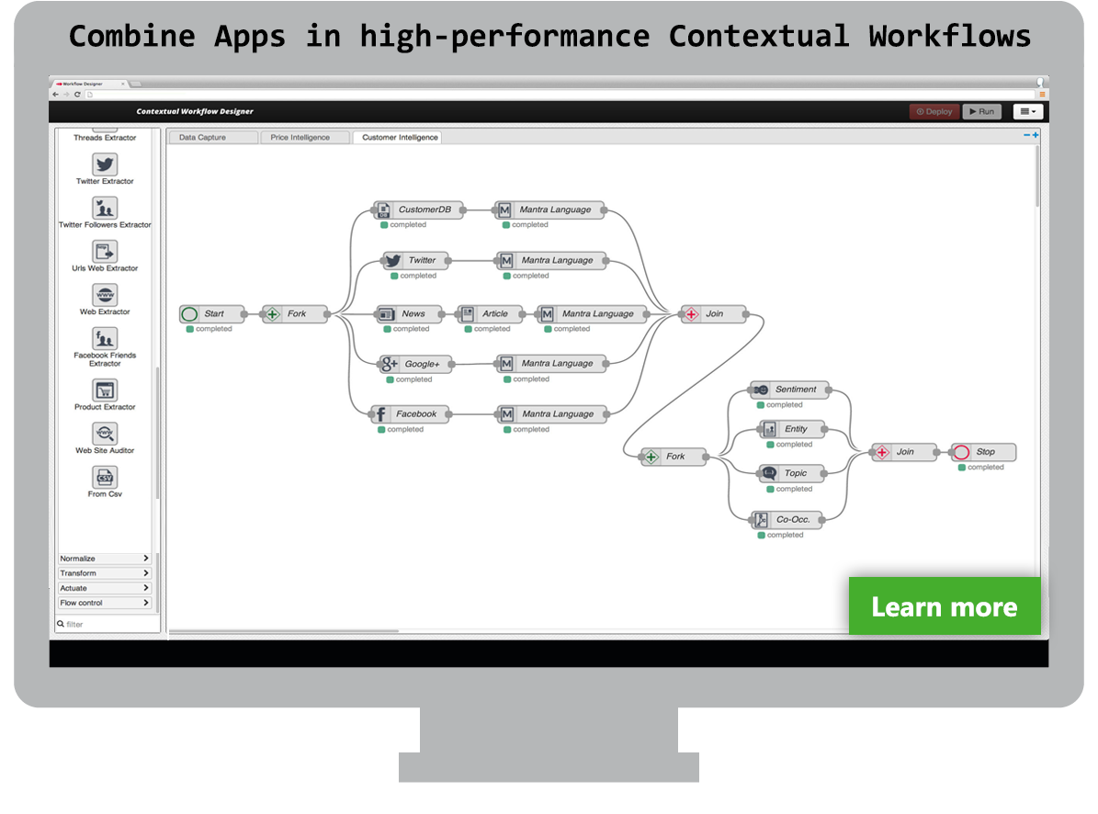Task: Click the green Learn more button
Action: click(x=945, y=606)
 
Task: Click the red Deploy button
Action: click(x=934, y=111)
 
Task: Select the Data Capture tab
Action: click(x=213, y=137)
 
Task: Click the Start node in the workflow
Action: click(x=212, y=313)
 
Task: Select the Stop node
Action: click(x=983, y=452)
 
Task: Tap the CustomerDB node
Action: click(x=417, y=209)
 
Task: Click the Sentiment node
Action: click(x=789, y=390)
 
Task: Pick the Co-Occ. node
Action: click(x=786, y=519)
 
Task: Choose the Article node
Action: click(x=487, y=313)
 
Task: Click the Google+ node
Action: click(x=413, y=364)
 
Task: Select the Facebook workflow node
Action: click(x=409, y=414)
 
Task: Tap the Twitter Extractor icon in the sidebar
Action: click(x=105, y=164)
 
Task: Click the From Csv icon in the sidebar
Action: click(x=105, y=478)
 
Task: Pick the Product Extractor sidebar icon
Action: click(x=105, y=390)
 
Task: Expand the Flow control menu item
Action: click(x=105, y=603)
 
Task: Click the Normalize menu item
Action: click(x=105, y=559)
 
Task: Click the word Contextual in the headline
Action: click(x=759, y=37)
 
